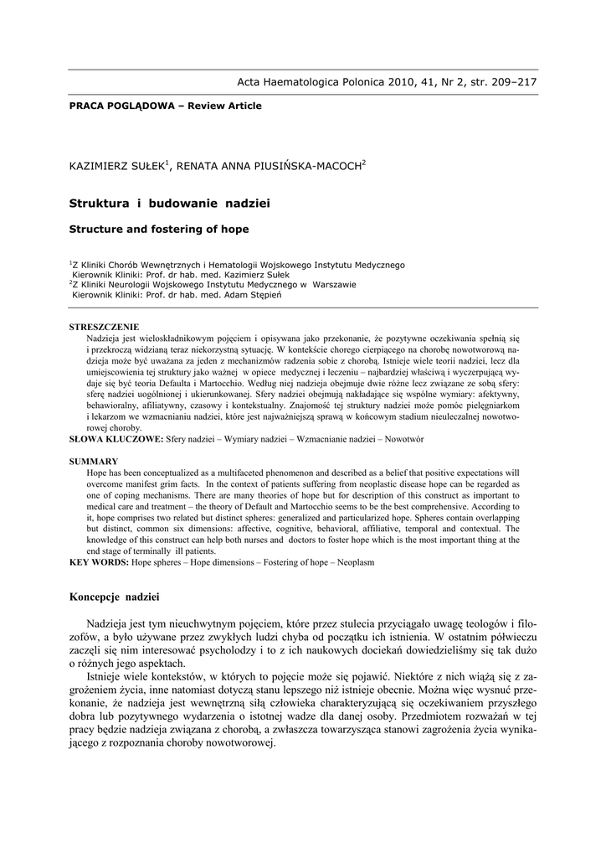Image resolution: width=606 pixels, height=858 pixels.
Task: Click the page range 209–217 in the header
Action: click(508, 82)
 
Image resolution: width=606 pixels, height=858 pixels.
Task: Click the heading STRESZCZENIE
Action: click(104, 326)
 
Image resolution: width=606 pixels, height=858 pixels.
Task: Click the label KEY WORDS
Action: click(97, 561)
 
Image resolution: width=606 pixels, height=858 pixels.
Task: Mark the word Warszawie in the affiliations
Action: click(334, 284)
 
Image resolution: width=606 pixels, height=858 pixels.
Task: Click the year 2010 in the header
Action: click(391, 82)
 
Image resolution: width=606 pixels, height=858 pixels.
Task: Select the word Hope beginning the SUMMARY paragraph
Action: click(96, 473)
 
